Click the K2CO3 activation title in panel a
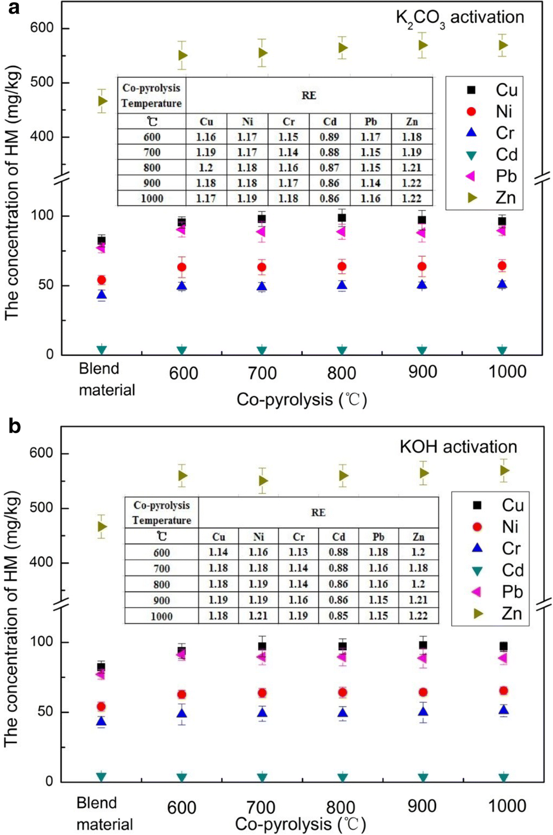pyautogui.click(x=459, y=18)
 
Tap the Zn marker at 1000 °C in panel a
pyautogui.click(x=503, y=45)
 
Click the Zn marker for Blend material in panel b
pyautogui.click(x=102, y=527)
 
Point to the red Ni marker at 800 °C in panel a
pyautogui.click(x=341, y=266)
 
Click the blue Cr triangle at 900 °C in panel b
pyautogui.click(x=423, y=711)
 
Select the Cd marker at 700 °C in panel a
pyautogui.click(x=262, y=350)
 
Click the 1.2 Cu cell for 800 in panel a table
pyautogui.click(x=206, y=168)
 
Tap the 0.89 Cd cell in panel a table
pyautogui.click(x=329, y=137)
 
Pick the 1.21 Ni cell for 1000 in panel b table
pyautogui.click(x=258, y=616)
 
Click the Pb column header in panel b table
pyautogui.click(x=378, y=537)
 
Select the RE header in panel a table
pyautogui.click(x=309, y=95)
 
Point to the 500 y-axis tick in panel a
pyautogui.click(x=42, y=82)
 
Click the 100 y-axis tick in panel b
pyautogui.click(x=42, y=642)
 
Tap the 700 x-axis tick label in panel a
pyautogui.click(x=262, y=373)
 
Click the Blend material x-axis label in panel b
pyautogui.click(x=104, y=813)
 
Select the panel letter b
pyautogui.click(x=15, y=426)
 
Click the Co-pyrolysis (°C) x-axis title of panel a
pyautogui.click(x=302, y=400)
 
